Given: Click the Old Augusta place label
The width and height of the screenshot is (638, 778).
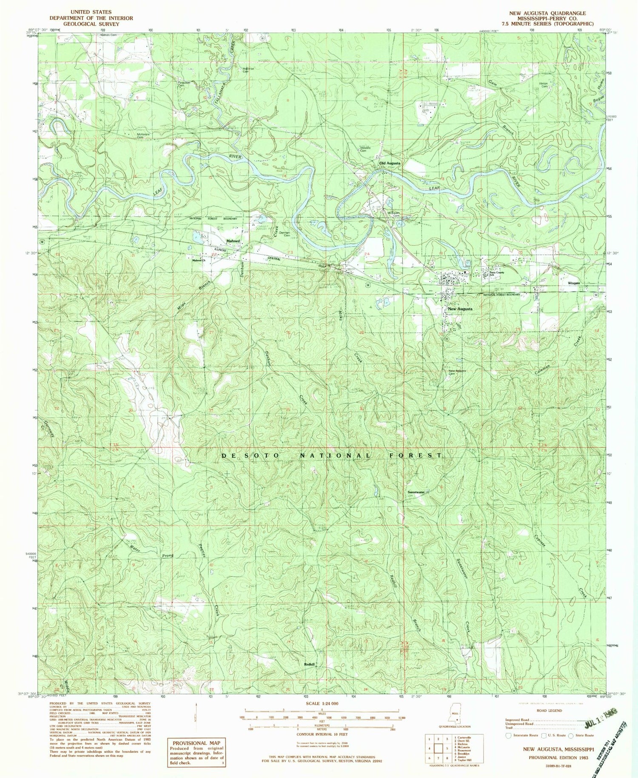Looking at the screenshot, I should coord(389,163).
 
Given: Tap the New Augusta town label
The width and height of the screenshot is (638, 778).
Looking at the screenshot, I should coord(459,309).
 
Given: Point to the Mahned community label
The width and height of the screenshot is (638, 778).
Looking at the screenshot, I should coord(233,241).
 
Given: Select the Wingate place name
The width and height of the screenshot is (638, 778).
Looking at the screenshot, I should coord(571,283).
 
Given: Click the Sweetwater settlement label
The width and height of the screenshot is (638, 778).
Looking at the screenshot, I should coord(416,492).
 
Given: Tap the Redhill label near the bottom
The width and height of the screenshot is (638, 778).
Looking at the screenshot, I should coord(309,664).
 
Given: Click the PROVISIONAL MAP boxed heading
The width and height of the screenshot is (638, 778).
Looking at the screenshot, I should coord(196,743).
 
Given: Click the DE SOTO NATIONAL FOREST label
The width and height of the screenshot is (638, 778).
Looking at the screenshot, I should coord(332,455).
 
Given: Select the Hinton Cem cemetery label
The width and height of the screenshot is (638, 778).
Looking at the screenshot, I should coord(543,85).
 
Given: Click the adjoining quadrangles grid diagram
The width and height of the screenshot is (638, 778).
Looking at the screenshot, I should coord(438,747).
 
